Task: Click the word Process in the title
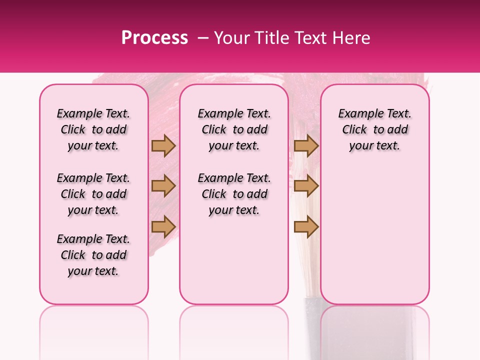(x=154, y=38)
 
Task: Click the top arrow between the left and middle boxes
(x=163, y=145)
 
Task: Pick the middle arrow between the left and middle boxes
(x=163, y=186)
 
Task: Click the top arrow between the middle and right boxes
(x=306, y=145)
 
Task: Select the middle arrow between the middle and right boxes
(x=306, y=186)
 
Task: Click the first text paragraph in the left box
(x=93, y=129)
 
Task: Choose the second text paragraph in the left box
(x=93, y=194)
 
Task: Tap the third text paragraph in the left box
(x=93, y=255)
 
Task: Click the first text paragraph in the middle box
(x=234, y=129)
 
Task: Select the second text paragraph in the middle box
(x=234, y=194)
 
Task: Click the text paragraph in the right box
(x=374, y=129)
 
